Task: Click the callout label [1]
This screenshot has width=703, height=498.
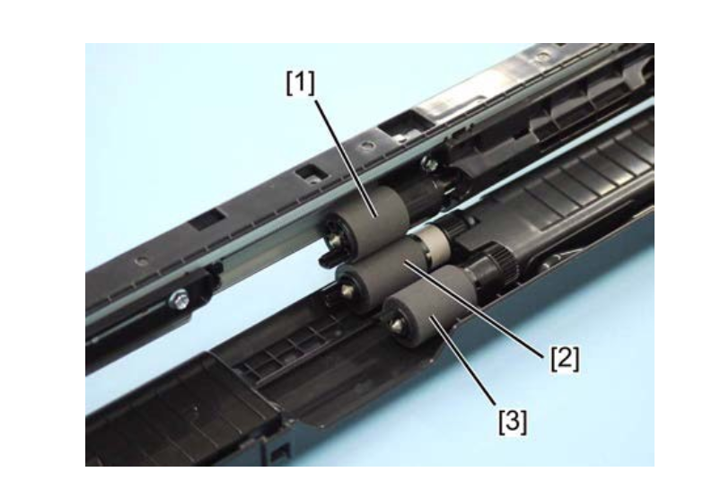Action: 301,83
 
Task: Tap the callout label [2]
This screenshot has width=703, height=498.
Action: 565,359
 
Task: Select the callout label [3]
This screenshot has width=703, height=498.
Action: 513,422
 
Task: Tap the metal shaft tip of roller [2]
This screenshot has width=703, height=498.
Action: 347,290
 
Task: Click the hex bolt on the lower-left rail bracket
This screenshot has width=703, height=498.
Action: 180,298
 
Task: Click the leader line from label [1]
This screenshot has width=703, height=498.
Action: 347,158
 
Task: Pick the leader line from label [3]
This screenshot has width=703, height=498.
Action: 463,363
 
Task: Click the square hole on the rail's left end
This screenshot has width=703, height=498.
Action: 207,219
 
